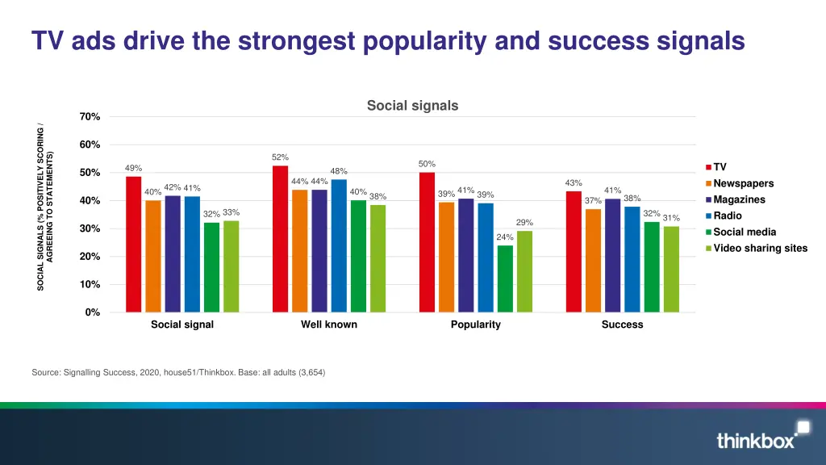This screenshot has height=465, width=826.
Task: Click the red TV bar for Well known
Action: click(x=280, y=239)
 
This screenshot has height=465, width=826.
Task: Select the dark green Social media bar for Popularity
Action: click(x=505, y=279)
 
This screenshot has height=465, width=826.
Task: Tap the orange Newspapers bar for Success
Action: click(x=593, y=260)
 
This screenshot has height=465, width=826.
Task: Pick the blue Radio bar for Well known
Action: click(x=339, y=245)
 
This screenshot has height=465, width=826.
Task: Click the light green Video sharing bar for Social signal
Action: click(x=232, y=266)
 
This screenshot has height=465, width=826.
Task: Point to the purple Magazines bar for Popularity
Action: click(x=466, y=255)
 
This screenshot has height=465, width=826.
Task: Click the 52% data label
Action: click(x=280, y=157)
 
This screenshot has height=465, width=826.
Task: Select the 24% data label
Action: click(x=505, y=237)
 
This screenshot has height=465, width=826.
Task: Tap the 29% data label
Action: click(x=524, y=222)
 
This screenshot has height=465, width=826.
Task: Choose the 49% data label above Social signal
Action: click(x=133, y=168)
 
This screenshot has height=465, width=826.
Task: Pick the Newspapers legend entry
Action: click(x=743, y=183)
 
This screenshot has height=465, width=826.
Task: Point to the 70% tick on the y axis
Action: click(x=90, y=117)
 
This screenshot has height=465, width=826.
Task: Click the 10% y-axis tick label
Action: click(x=90, y=285)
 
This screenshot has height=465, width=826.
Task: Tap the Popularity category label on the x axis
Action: click(x=475, y=325)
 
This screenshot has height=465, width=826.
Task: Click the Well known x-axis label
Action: click(x=329, y=325)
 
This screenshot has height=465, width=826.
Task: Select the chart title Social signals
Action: click(x=412, y=106)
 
